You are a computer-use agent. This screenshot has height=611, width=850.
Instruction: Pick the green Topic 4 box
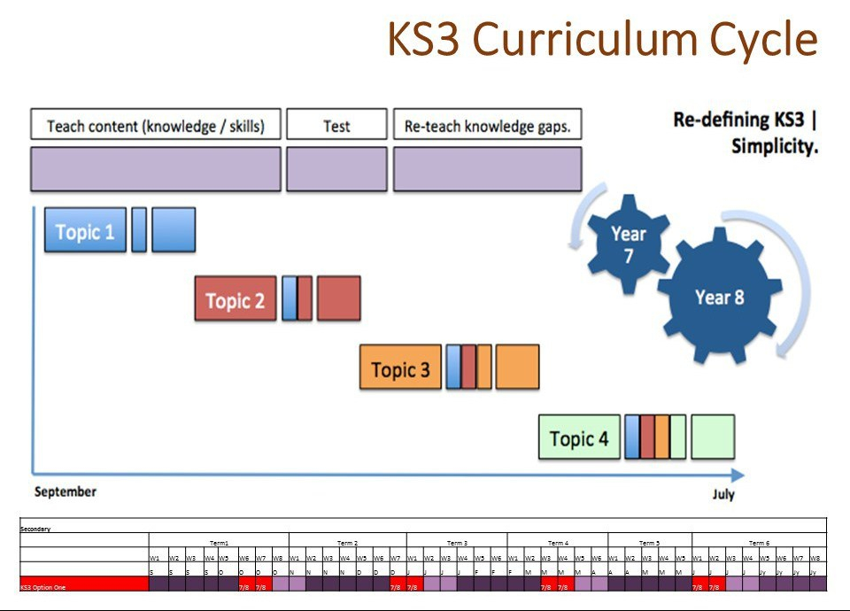click(578, 437)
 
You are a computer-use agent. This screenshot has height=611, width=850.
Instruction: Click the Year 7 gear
click(629, 244)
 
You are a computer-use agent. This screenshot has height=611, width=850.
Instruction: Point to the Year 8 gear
click(719, 298)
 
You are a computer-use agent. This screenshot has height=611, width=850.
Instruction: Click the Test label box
click(336, 126)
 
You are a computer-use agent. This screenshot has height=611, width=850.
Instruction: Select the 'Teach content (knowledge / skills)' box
click(156, 126)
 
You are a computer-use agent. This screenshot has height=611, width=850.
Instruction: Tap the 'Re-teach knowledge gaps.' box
click(487, 126)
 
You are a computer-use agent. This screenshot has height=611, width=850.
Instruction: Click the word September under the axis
click(66, 491)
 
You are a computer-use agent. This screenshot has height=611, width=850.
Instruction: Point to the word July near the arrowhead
click(723, 495)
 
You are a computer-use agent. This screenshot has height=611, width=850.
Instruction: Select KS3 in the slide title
click(423, 40)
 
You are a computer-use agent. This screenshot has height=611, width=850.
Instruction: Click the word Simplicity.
click(774, 147)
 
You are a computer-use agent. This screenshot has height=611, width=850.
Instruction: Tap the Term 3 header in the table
click(457, 543)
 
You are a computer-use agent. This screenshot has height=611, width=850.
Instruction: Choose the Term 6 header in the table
click(759, 543)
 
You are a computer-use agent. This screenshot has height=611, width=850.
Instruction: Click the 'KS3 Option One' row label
click(42, 587)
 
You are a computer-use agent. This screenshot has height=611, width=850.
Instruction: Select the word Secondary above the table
click(35, 529)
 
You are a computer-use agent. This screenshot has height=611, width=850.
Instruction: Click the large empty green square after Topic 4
click(713, 437)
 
